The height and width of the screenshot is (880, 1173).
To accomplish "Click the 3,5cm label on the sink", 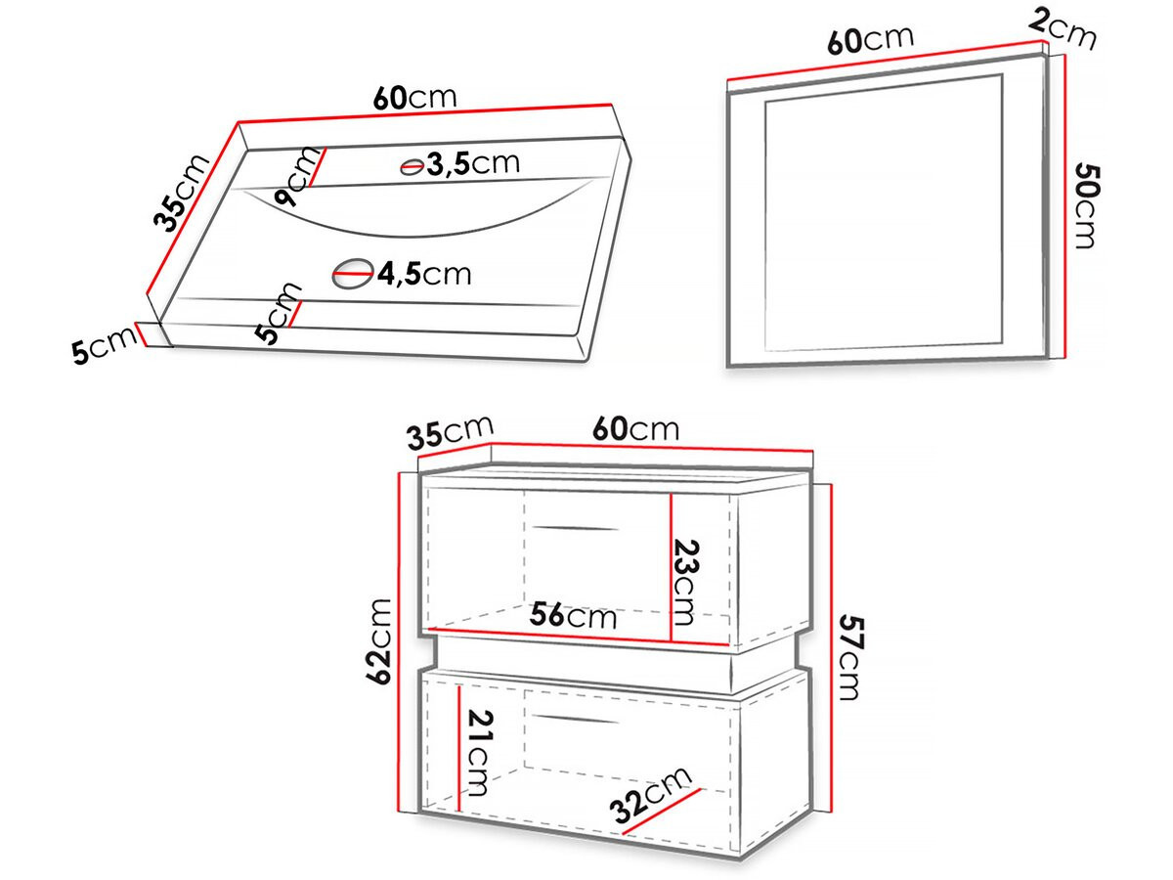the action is coord(473,163).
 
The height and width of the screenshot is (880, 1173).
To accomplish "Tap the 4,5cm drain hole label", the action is coord(425,274).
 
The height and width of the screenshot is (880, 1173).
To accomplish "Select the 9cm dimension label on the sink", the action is coord(297,176).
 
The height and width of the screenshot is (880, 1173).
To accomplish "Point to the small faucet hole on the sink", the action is coord(413,166).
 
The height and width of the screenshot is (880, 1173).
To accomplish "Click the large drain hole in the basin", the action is coord(353,275).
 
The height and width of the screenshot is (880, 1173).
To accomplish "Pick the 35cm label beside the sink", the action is coord(180,193).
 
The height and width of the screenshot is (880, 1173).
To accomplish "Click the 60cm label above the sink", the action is coord(414,97).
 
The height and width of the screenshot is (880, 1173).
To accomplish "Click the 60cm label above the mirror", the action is coord(871,39).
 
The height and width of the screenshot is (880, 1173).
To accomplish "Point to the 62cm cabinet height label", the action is coord(379,641).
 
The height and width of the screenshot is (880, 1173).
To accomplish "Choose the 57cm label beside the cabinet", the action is coord(850,657).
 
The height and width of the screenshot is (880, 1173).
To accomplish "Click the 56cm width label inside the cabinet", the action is coord(573,616).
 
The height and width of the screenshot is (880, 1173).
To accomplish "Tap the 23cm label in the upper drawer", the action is coord(684,583).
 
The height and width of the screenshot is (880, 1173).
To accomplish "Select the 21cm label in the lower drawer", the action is coord(479,753).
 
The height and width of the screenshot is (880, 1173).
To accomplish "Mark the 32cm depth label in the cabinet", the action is coord(650,796).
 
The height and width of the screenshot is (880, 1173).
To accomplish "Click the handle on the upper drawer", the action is coord(576,528).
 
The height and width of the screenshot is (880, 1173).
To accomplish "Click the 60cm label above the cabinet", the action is coord(636,429).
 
